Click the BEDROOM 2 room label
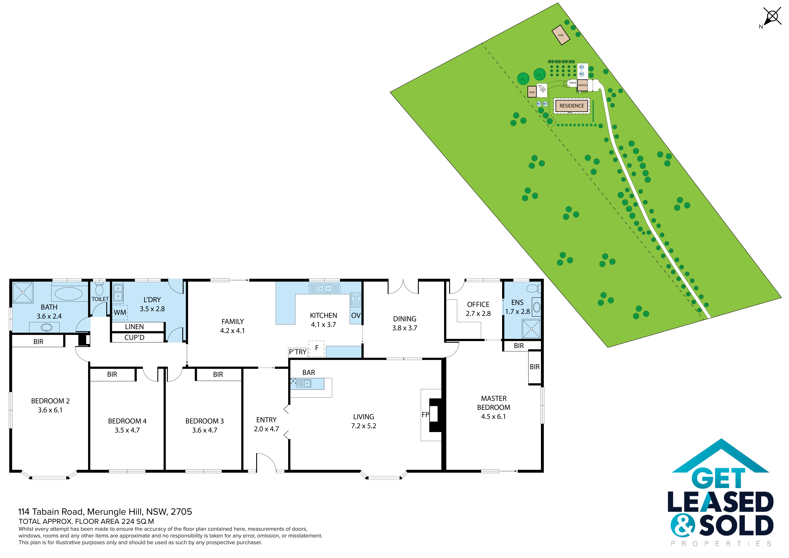pyautogui.click(x=50, y=401)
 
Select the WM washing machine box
pyautogui.click(x=120, y=312)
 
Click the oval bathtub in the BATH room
pyautogui.click(x=69, y=294)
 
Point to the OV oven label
pyautogui.click(x=356, y=315)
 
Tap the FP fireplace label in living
pyautogui.click(x=425, y=415)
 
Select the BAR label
pyautogui.click(x=309, y=372)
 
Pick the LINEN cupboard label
pyautogui.click(x=134, y=327)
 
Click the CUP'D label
pyautogui.click(x=134, y=338)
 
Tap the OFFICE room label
pyautogui.click(x=478, y=304)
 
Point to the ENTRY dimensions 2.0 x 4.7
pyautogui.click(x=266, y=429)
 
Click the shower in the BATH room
pyautogui.click(x=23, y=292)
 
